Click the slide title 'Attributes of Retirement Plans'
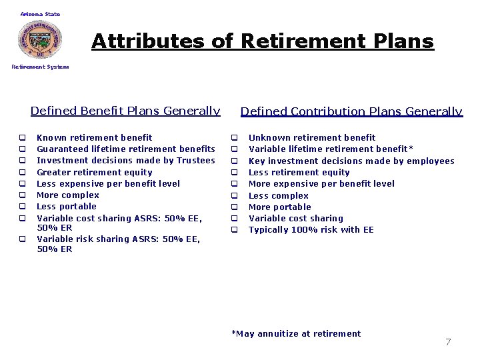[263, 41]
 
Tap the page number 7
[448, 342]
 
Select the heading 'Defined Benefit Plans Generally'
[125, 111]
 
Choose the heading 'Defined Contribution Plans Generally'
[351, 111]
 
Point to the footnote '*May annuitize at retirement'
[296, 333]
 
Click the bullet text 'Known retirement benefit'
[94, 137]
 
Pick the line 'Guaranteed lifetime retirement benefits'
[125, 149]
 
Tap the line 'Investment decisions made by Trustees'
[125, 160]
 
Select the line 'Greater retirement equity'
[94, 172]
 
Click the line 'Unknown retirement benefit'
[311, 137]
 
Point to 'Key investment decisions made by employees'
[351, 161]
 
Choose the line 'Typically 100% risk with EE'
[311, 230]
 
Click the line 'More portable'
[279, 207]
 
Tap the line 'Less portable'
[66, 207]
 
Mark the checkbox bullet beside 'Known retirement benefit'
[22, 138]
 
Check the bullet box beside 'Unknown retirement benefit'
[235, 138]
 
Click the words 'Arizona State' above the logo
[40, 14]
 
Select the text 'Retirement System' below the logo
[40, 67]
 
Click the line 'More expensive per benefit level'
[321, 183]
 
